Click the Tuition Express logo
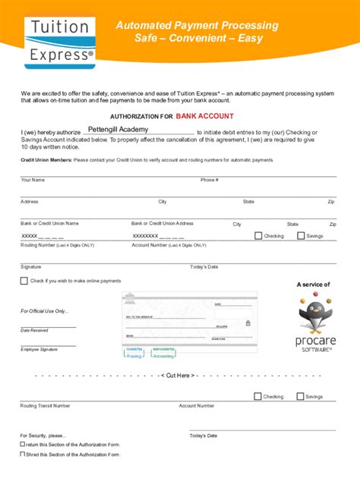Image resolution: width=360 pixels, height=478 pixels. (x=60, y=42)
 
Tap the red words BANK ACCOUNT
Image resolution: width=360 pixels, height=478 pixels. (x=205, y=117)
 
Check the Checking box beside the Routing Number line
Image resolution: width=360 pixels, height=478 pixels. (x=258, y=236)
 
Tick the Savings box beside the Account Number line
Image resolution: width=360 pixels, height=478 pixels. (x=301, y=236)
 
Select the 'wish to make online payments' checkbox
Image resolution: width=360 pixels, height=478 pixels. (x=24, y=281)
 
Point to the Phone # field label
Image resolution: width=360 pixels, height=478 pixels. (x=210, y=180)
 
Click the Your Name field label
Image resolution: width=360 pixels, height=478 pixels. (x=33, y=180)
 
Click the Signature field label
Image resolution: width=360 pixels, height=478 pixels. (x=31, y=267)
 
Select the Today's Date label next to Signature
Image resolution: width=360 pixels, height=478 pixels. (x=204, y=267)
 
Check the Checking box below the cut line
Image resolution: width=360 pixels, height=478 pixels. (x=258, y=396)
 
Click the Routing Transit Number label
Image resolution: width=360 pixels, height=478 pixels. (x=46, y=406)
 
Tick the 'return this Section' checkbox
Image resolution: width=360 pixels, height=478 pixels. (x=23, y=445)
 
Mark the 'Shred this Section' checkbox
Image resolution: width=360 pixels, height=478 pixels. (x=23, y=454)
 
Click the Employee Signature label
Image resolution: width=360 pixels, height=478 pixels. (x=39, y=349)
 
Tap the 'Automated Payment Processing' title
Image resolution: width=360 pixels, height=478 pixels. (x=197, y=26)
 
